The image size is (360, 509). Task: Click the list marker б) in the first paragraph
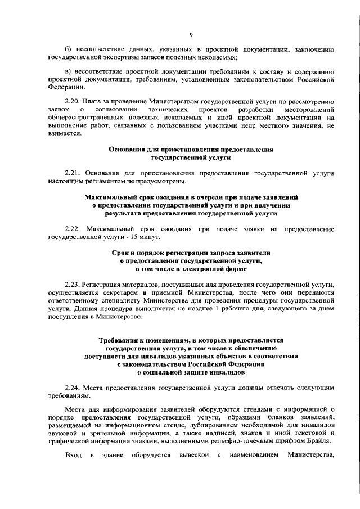tap(68, 50)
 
